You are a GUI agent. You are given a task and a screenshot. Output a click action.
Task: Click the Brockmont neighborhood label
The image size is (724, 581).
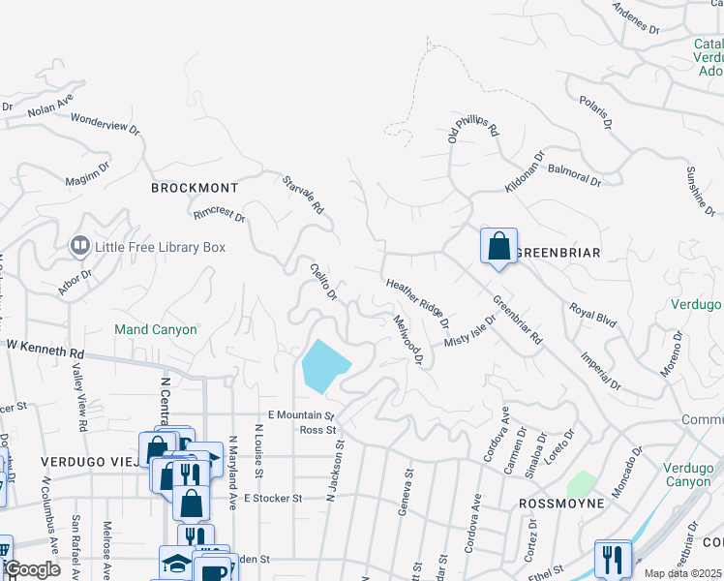[195, 188]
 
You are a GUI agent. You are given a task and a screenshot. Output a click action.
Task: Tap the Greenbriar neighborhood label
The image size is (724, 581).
[558, 253]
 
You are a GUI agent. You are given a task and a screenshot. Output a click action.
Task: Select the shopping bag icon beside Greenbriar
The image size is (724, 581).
[498, 245]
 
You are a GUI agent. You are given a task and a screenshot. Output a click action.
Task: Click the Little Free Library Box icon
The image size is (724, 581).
[79, 247]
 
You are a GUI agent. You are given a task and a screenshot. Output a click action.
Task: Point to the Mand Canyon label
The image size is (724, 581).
[156, 329]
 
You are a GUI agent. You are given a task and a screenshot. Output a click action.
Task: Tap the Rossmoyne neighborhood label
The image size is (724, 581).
[561, 504]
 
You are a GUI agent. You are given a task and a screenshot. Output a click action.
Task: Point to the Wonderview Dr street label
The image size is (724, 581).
[106, 126]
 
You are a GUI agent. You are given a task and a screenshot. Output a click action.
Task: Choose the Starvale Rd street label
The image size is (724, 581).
[303, 195]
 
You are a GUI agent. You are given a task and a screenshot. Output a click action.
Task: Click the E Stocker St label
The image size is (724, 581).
[274, 498]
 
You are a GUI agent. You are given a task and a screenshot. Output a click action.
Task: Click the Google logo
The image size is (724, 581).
[31, 569]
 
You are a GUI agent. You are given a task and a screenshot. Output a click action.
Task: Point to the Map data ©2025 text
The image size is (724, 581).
[682, 573]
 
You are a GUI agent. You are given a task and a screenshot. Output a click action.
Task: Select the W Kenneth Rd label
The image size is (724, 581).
[45, 344]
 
